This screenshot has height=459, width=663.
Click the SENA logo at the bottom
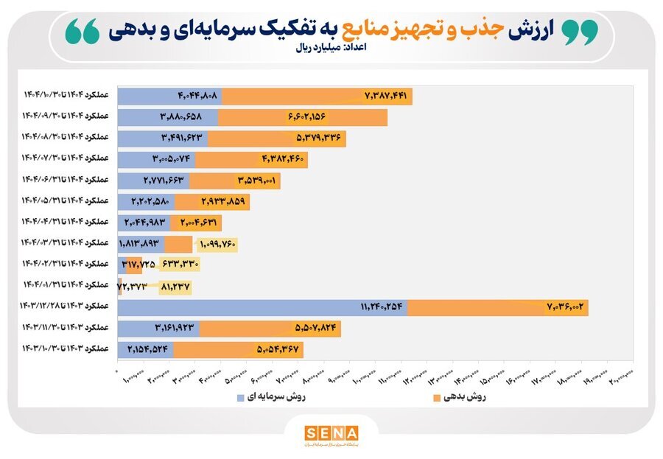tap(331, 432)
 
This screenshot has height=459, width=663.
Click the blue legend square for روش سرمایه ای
tap(241, 397)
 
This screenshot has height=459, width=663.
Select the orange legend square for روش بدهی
tap(438, 397)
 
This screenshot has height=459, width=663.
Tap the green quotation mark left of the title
tap(82, 32)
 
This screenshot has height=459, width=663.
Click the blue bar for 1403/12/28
tap(262, 308)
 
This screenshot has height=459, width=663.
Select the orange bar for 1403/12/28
tap(498, 308)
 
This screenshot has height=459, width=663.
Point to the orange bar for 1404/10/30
tap(317, 96)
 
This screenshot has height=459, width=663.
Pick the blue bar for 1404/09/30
tap(167, 117)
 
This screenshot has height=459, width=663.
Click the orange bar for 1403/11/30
tap(270, 329)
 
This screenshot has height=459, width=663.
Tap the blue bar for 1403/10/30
tap(145, 349)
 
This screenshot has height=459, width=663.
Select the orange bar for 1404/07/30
tap(250, 159)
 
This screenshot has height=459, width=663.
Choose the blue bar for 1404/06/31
tap(153, 181)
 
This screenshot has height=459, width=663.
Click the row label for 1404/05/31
tap(65, 201)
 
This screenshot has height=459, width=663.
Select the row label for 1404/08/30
tap(65, 138)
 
